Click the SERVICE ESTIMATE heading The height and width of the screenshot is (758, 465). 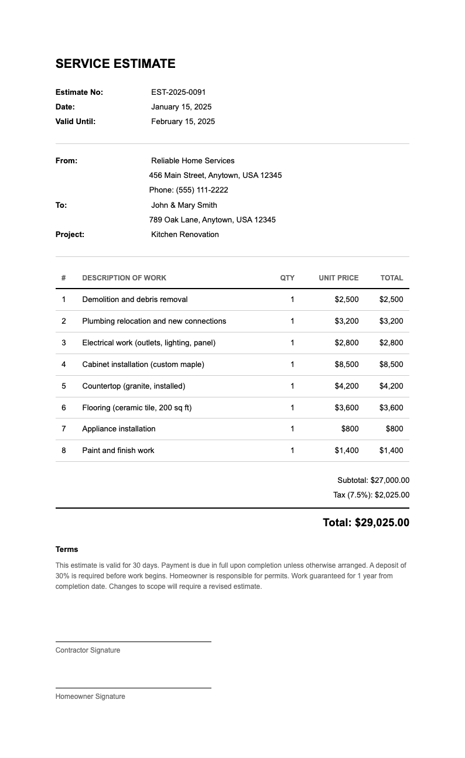point(115,64)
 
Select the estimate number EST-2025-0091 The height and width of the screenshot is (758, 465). point(179,92)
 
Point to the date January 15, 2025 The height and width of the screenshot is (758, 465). point(182,107)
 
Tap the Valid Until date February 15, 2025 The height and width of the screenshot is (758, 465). point(183,122)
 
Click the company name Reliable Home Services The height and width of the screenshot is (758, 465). point(193,160)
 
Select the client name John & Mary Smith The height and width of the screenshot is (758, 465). point(184,205)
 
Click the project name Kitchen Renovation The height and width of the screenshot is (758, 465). point(185,234)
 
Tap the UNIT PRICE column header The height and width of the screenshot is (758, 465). point(339,278)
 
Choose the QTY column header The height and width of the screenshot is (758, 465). point(287,278)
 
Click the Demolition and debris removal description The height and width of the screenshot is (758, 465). point(135,299)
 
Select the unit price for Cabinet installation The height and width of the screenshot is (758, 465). point(347,364)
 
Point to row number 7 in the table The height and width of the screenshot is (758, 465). point(64,428)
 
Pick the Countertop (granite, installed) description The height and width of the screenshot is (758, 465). point(134,386)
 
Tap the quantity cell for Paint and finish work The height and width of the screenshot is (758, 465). point(292,450)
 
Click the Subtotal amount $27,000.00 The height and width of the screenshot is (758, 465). point(390,480)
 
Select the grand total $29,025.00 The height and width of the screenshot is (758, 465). point(382,523)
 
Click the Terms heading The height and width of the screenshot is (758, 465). point(67,549)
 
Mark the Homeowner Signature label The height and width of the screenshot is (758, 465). point(90,697)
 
